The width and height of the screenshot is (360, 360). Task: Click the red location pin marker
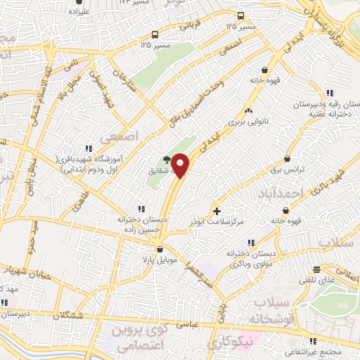pos(181,165)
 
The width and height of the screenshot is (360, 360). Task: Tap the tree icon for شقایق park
pos(166,160)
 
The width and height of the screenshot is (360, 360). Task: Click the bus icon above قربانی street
pos(240,15)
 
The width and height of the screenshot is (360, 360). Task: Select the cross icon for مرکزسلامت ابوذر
pos(217,210)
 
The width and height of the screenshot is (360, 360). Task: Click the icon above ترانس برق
pos(288,160)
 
